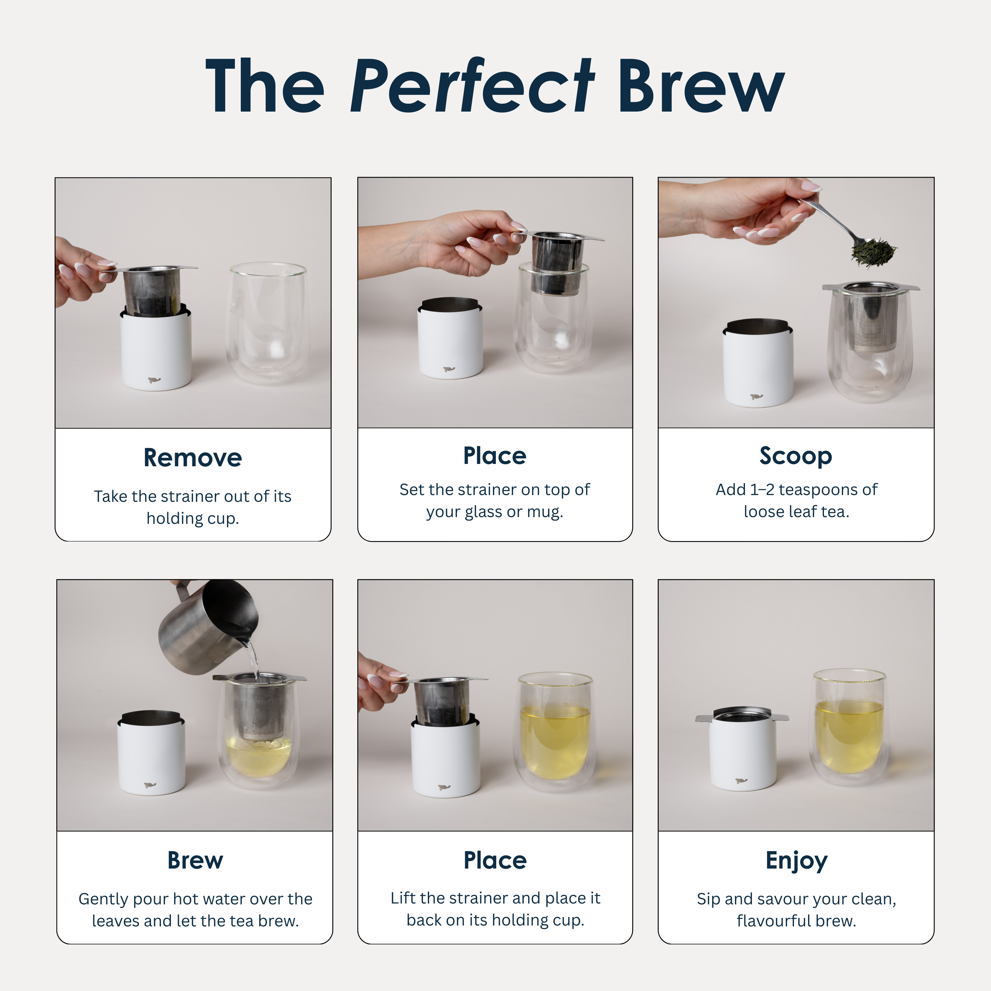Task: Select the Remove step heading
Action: [193, 457]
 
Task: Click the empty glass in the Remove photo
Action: [267, 323]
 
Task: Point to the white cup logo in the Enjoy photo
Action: [741, 781]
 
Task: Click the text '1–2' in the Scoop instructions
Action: [762, 490]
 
